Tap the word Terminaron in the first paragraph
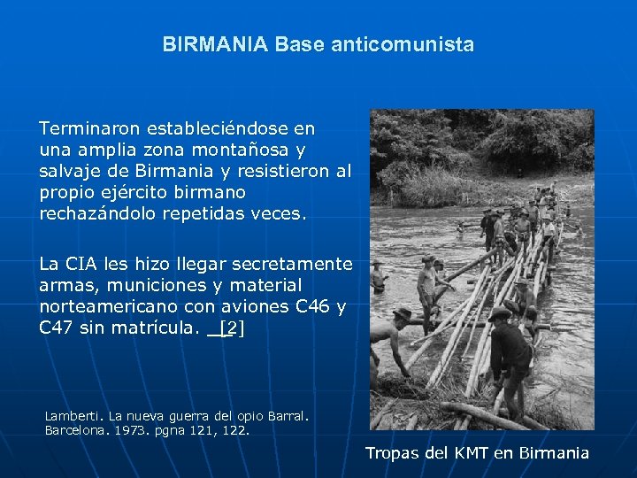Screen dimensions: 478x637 (84, 128)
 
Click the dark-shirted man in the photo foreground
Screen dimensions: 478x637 (510, 354)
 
